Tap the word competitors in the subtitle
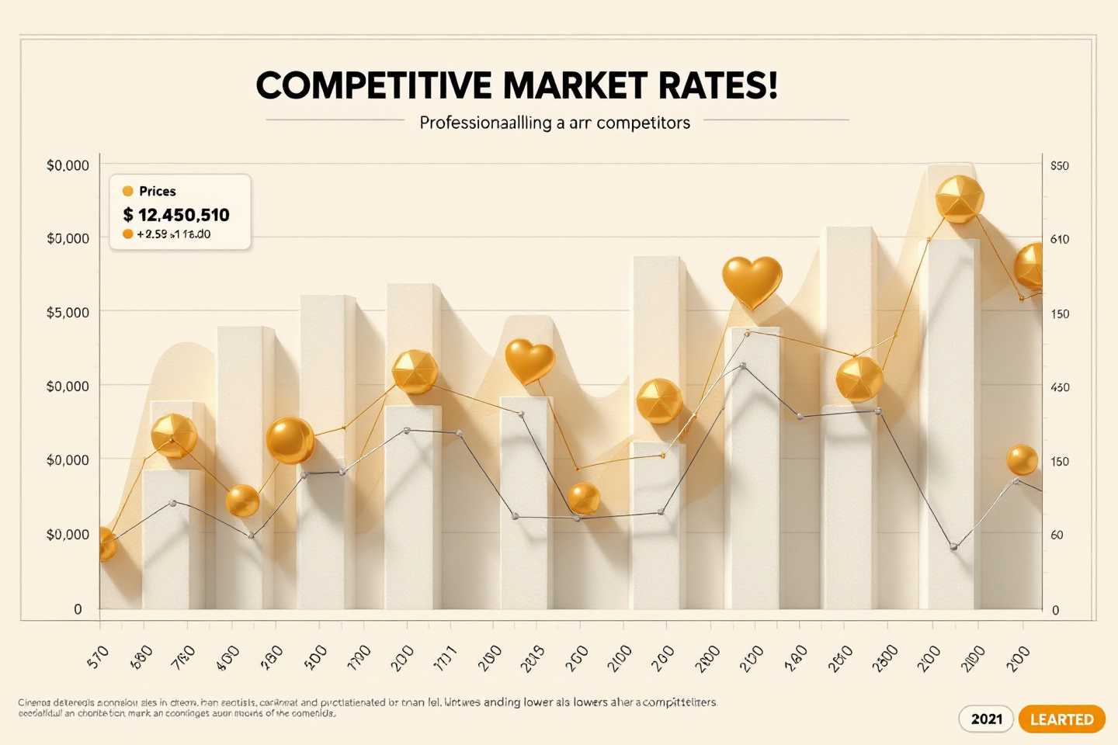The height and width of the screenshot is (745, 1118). pyautogui.click(x=642, y=123)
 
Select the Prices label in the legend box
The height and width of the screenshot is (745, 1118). pyautogui.click(x=157, y=191)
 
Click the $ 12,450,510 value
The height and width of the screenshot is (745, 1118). pyautogui.click(x=176, y=215)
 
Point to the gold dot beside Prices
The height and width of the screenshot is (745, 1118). pyautogui.click(x=128, y=191)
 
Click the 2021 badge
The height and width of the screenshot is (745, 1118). pyautogui.click(x=986, y=719)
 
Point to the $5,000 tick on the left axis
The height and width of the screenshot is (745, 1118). pyautogui.click(x=68, y=312)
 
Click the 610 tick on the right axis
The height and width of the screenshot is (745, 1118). pyautogui.click(x=1059, y=239)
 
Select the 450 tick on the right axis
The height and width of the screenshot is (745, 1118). pyautogui.click(x=1059, y=387)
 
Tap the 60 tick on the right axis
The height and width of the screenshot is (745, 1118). pyautogui.click(x=1057, y=535)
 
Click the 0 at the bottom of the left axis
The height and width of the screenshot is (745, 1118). pyautogui.click(x=78, y=609)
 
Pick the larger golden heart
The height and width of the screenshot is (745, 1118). pyautogui.click(x=752, y=282)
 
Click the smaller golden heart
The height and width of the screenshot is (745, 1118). pyautogui.click(x=530, y=361)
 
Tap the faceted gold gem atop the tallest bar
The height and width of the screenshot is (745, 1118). pyautogui.click(x=960, y=199)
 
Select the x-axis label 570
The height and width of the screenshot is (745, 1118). pyautogui.click(x=99, y=657)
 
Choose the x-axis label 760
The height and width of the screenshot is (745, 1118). pyautogui.click(x=183, y=657)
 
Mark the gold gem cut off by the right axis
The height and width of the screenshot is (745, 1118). pyautogui.click(x=1029, y=265)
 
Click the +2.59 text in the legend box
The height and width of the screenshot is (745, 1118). pyautogui.click(x=152, y=234)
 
